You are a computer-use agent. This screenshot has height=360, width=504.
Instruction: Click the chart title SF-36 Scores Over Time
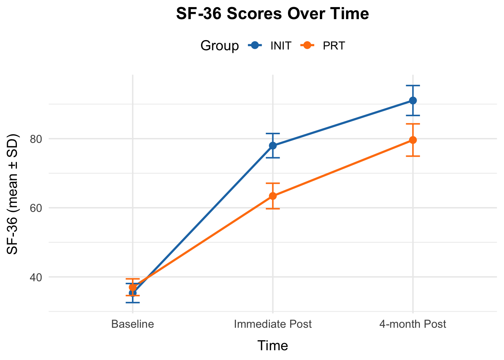click(273, 14)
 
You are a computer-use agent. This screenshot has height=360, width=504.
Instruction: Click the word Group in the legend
click(219, 46)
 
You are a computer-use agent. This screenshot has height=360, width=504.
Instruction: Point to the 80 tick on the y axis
click(35, 139)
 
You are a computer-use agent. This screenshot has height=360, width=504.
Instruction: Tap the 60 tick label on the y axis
click(35, 208)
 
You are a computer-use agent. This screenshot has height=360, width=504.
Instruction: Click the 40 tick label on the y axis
click(35, 277)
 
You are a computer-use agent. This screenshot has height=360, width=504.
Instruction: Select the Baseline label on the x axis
click(133, 324)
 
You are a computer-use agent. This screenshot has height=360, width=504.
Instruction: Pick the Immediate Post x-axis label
click(273, 324)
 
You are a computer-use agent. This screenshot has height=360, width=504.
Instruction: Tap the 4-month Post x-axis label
click(412, 324)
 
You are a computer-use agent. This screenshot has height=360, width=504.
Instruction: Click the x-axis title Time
click(273, 346)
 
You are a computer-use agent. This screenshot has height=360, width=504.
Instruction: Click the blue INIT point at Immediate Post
click(273, 145)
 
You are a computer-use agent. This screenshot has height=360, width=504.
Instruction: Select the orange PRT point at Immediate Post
click(273, 196)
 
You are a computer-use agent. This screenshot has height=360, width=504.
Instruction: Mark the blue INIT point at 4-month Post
click(413, 100)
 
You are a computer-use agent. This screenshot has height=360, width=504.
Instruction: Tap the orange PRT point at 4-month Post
click(413, 140)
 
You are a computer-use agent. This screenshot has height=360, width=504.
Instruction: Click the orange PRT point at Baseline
click(133, 287)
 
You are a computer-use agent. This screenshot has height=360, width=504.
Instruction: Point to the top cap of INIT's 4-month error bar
click(413, 85)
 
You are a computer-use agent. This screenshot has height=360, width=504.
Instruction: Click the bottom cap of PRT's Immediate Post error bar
click(273, 208)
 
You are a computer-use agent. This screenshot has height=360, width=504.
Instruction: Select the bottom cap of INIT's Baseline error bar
click(133, 303)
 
